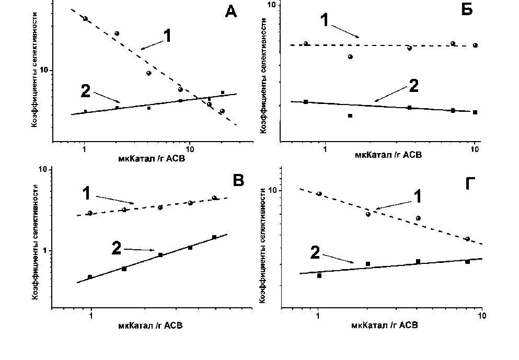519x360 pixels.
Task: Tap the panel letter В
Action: (238, 181)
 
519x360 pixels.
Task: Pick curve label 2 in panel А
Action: (87, 91)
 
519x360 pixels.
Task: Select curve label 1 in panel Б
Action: (325, 20)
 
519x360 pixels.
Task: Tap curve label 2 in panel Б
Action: (414, 86)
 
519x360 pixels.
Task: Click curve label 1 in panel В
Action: (87, 193)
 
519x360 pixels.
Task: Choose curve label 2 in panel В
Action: (117, 248)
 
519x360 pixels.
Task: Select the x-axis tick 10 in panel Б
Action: (475, 150)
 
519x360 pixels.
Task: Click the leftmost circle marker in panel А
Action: (85, 19)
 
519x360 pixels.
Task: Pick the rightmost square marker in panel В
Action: (214, 237)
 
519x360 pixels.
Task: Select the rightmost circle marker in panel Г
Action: (467, 239)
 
